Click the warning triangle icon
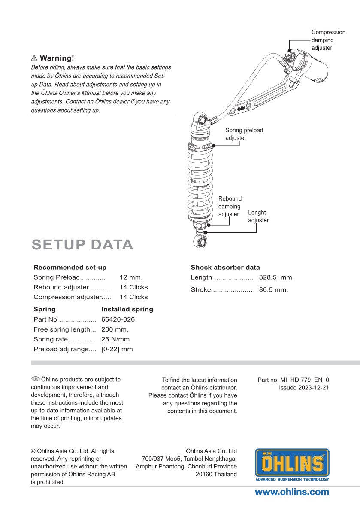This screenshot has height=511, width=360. coord(34,58)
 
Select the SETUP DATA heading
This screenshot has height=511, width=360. coord(82,244)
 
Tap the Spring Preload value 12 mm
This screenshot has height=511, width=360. coord(131,277)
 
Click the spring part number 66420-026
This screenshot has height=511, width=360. coord(118,319)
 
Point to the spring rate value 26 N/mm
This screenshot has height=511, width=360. coord(115,339)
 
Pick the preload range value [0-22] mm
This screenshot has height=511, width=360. coord(117,349)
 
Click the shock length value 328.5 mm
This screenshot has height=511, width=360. coord(276,277)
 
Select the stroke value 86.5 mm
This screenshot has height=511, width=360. coord(273,290)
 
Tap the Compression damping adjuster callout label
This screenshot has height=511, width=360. coord(328,40)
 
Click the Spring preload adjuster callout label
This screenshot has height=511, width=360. coord(244,134)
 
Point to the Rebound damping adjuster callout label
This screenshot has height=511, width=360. coord(230,207)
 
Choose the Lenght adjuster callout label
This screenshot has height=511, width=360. coord(258,216)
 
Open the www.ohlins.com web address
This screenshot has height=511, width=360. coord(292,492)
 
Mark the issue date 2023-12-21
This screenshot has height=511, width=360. coord(313,388)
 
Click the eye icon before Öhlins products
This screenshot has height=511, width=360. coord(35,379)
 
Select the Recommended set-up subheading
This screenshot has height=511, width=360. coord(70,267)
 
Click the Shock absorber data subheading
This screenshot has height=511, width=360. coord(225,267)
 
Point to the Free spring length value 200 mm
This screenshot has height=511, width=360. coord(115,329)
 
